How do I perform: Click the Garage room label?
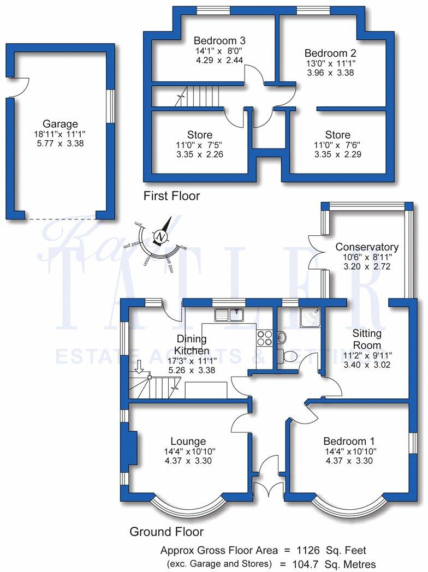60,124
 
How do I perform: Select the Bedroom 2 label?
330,53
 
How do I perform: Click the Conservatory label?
366,247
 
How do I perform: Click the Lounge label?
188,441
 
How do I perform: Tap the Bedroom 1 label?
349,441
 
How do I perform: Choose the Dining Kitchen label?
191,344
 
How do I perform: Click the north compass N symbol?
160,236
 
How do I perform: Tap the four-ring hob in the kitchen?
265,338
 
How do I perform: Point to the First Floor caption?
171,195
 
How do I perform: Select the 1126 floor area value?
320,550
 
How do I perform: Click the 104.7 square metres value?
320,564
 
